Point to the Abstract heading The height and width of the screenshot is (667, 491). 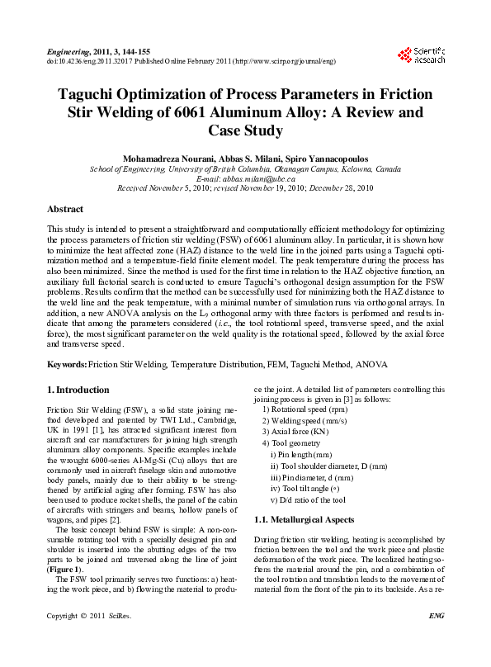pos(65,210)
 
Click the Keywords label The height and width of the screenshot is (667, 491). pos(67,364)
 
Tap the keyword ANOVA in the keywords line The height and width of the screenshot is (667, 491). pos(370,364)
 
